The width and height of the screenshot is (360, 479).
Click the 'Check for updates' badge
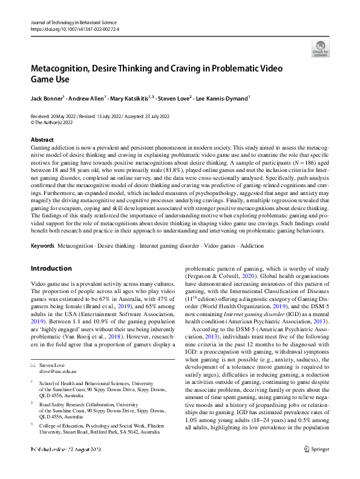click(x=320, y=48)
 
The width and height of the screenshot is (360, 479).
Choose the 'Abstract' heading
click(x=42, y=140)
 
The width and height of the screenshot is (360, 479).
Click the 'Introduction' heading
click(x=51, y=268)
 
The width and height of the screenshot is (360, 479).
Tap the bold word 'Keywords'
click(x=43, y=246)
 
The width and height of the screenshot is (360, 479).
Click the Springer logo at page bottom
click(x=316, y=466)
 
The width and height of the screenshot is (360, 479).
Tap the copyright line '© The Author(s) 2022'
click(x=58, y=122)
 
